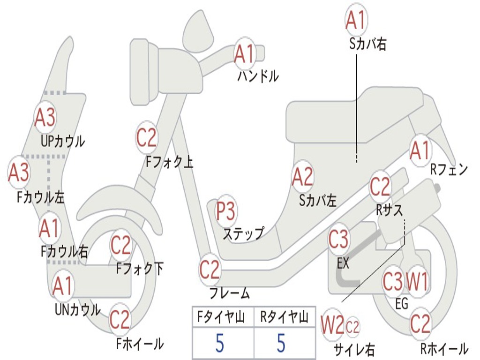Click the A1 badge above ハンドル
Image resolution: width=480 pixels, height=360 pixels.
click(245, 53)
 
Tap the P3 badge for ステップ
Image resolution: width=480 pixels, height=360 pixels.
click(226, 212)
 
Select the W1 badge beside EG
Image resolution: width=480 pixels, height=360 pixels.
click(417, 282)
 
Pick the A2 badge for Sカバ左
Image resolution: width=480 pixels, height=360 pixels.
click(302, 177)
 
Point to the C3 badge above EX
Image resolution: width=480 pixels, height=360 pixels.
click(338, 240)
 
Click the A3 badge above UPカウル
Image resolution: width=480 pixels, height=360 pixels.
click(45, 117)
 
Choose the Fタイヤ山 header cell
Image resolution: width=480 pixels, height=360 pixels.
click(222, 318)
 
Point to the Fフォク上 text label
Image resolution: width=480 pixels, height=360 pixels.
click(169, 162)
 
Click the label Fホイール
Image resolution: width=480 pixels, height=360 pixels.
click(140, 344)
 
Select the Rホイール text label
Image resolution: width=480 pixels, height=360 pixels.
click(444, 348)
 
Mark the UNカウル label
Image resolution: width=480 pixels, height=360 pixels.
click(77, 309)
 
